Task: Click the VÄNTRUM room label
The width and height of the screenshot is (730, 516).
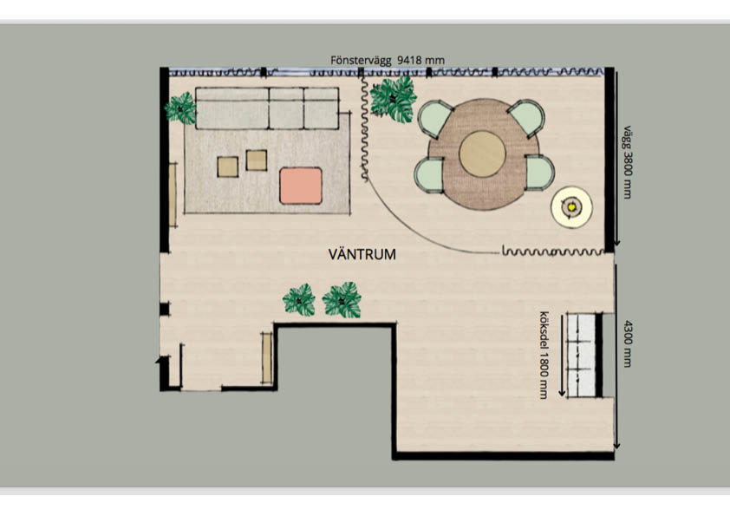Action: point(362,254)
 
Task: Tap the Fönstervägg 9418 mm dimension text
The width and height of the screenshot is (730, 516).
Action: point(388,60)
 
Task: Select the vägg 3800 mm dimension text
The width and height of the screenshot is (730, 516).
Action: point(628,162)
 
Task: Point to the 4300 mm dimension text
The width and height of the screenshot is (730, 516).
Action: point(628,343)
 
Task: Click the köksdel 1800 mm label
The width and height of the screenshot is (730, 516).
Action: point(544,355)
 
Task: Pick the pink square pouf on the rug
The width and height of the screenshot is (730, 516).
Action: point(301,186)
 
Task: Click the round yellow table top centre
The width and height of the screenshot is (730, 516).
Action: point(482,154)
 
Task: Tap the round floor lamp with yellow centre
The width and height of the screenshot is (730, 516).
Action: point(571,207)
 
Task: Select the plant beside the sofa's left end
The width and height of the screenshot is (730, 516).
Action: point(180,108)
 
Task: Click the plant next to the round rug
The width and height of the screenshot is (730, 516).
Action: point(394,99)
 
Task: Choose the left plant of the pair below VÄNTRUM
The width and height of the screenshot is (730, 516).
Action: point(299,300)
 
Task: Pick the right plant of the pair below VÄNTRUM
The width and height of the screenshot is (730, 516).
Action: point(342,300)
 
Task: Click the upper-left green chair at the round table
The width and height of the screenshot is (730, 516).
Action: point(435,119)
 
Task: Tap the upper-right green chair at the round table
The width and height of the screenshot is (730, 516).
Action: point(526,119)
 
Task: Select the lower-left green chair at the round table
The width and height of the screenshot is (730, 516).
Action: point(429,174)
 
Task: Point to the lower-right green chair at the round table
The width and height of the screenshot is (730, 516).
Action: point(539,173)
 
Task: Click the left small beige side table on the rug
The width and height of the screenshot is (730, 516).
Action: point(228,167)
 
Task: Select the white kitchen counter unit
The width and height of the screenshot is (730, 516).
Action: point(581,355)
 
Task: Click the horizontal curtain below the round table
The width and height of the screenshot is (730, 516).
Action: point(553,252)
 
